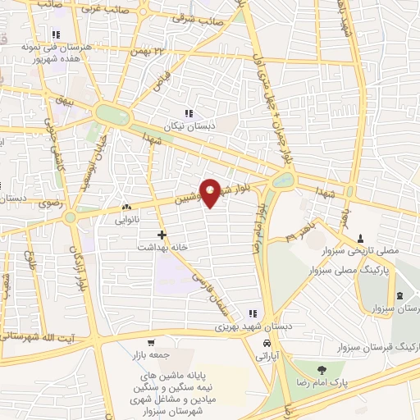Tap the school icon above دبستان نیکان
[x=189, y=113]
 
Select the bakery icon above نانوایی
[x=126, y=208]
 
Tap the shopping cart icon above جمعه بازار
[x=150, y=342]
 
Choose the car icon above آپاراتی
[x=267, y=342]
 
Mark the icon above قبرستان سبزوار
[x=399, y=295]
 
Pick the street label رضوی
[x=39, y=212]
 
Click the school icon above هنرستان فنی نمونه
[x=56, y=34]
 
